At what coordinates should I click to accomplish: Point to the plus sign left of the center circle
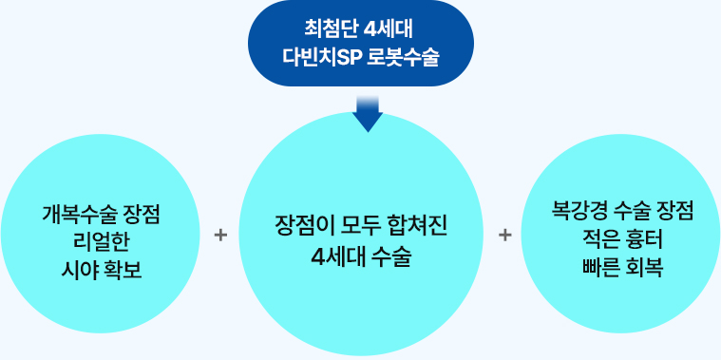click(220, 234)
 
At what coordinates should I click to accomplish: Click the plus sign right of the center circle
click(504, 234)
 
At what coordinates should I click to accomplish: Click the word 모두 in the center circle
click(362, 226)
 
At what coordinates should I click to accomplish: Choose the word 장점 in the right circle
click(673, 209)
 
